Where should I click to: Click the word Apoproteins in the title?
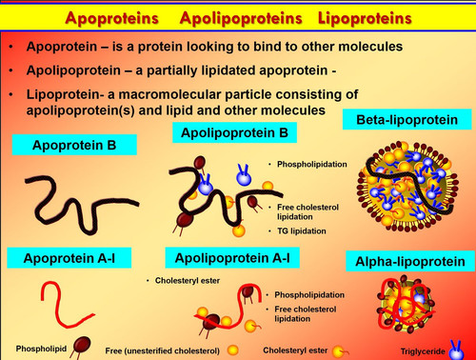(x=111, y=18)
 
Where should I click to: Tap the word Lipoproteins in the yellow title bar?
(x=365, y=18)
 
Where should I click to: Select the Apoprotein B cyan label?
(x=74, y=145)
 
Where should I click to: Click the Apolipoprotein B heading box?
(x=234, y=132)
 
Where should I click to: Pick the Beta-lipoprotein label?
(x=407, y=119)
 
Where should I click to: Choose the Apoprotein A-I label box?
(x=69, y=258)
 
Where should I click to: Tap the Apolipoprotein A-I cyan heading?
(x=232, y=258)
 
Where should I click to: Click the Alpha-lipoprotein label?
(x=410, y=261)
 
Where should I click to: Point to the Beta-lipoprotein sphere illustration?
(x=408, y=187)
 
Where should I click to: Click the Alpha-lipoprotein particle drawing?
(x=406, y=304)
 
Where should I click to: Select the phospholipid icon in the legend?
(x=81, y=347)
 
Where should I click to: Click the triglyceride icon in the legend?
(x=456, y=350)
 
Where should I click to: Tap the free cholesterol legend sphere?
(x=233, y=350)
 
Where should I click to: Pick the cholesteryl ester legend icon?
(x=340, y=351)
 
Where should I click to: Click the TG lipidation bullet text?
(x=302, y=230)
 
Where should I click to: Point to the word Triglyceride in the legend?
(x=423, y=351)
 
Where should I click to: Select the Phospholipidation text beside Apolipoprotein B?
(x=312, y=164)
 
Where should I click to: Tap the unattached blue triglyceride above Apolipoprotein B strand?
(x=244, y=175)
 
